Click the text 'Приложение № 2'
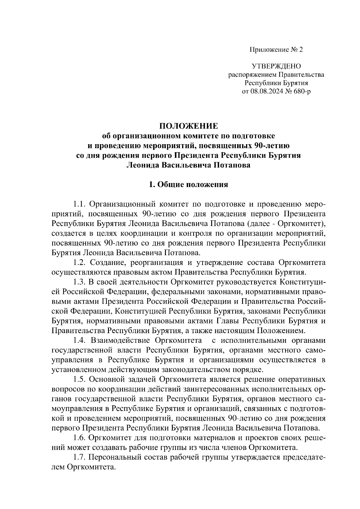click(276, 49)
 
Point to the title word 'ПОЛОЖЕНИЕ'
click(188, 126)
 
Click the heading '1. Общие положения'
click(188, 184)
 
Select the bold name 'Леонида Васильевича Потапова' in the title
click(188, 165)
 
